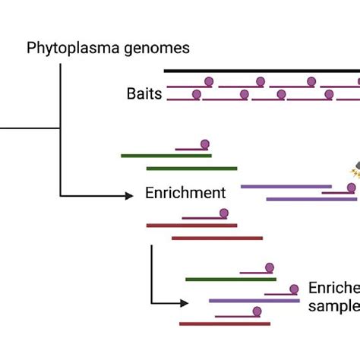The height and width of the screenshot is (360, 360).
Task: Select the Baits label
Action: click(x=144, y=95)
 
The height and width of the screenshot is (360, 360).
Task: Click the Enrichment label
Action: click(x=186, y=193)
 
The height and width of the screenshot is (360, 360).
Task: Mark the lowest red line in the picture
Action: click(x=225, y=323)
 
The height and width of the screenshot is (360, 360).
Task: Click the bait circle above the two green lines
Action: click(x=204, y=144)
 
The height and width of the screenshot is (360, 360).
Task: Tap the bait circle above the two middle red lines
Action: click(x=223, y=214)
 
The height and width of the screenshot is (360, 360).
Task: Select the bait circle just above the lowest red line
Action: click(x=257, y=311)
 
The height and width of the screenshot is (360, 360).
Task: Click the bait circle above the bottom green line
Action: click(x=268, y=267)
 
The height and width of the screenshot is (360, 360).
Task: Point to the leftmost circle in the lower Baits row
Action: click(x=197, y=94)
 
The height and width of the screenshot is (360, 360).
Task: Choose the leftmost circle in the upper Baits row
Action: click(x=209, y=81)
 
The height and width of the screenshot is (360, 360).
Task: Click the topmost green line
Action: click(x=166, y=156)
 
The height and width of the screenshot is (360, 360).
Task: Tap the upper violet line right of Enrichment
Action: click(x=286, y=186)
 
